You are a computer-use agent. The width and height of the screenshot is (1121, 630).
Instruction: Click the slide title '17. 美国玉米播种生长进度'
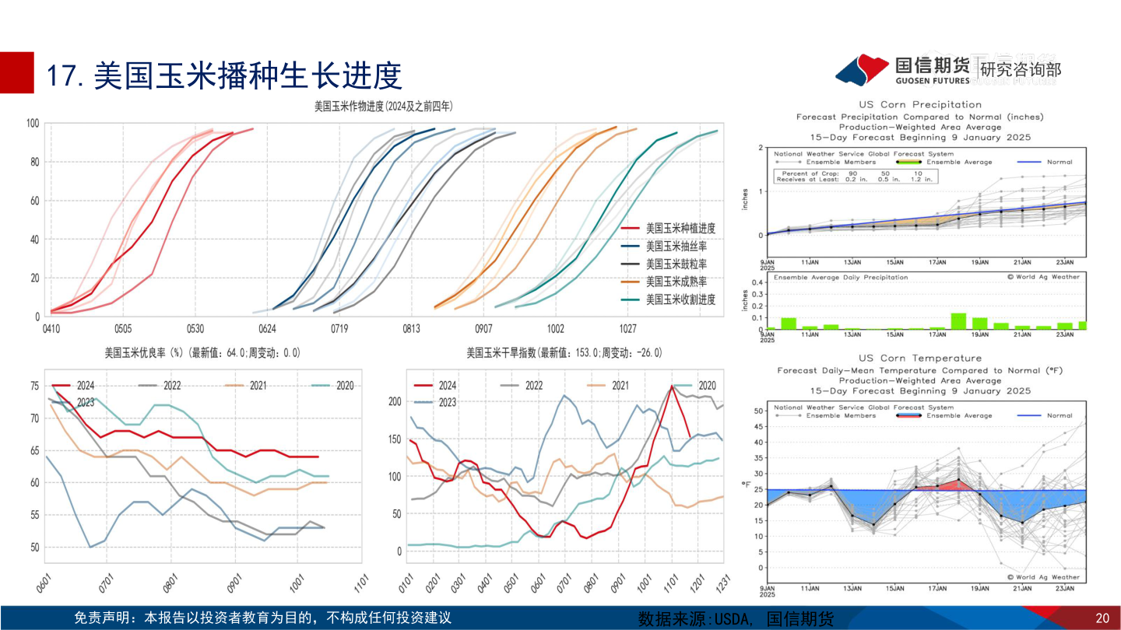pos(224,76)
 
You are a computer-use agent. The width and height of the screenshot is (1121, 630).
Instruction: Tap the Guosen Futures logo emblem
pos(862,70)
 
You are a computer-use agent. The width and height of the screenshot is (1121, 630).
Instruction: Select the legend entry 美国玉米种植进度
pos(680,229)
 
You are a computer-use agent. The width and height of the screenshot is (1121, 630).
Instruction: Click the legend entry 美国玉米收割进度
pos(680,299)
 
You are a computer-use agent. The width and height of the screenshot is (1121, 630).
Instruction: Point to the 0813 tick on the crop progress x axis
pos(412,328)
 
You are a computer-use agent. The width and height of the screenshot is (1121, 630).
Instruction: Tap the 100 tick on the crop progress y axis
pos(33,123)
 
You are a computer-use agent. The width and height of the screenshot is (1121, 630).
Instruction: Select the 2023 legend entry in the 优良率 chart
pos(86,402)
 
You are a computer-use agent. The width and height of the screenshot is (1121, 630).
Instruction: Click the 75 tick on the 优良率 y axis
pos(34,386)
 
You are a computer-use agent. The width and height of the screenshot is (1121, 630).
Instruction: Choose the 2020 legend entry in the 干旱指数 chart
pos(706,385)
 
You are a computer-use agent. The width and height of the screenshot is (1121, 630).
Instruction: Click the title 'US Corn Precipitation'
pos(920,104)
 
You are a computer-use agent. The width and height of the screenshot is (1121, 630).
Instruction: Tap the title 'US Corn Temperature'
pos(920,359)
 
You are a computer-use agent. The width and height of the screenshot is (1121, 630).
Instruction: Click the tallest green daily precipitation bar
pos(958,320)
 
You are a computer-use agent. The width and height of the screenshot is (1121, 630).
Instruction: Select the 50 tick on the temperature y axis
pos(757,410)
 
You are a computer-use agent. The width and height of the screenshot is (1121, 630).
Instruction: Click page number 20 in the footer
pos(1102,618)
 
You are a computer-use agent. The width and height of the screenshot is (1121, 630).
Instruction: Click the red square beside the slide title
pos(17,72)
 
